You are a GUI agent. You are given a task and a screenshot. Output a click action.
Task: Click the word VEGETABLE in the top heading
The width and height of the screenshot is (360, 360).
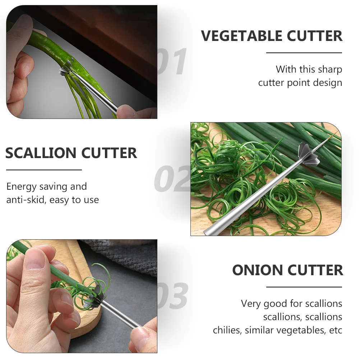242,36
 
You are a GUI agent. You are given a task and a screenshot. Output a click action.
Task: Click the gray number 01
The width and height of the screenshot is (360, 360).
172,62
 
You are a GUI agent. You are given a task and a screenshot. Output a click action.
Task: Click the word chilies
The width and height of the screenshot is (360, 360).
227,330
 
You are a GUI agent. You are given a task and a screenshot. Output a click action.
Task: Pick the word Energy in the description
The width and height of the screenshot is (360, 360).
22,187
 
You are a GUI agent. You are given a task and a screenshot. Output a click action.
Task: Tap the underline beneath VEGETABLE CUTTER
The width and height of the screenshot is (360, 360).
304,53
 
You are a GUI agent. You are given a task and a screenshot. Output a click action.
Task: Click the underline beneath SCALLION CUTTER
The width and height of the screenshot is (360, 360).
44,170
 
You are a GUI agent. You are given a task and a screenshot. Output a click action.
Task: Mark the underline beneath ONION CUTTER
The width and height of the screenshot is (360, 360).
304,287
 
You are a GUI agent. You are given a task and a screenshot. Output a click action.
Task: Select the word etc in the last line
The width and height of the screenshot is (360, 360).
336,331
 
